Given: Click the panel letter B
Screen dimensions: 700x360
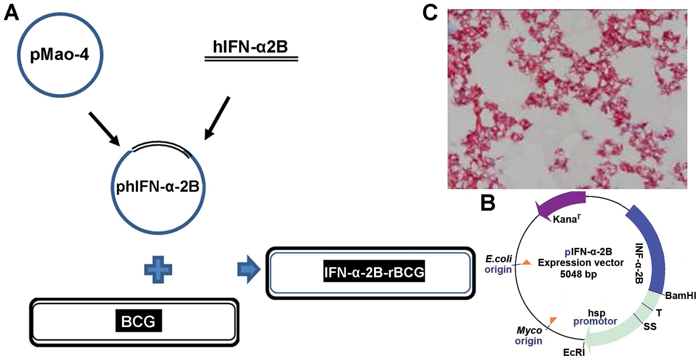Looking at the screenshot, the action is (x=488, y=203).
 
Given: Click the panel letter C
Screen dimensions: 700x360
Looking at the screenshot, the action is (x=430, y=13).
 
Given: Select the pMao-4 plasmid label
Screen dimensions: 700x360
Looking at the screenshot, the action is (x=60, y=54).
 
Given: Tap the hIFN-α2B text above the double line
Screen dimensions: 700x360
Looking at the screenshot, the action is (x=250, y=47).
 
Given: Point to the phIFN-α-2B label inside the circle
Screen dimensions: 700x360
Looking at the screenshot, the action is (x=158, y=187).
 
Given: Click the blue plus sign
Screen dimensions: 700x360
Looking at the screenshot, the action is (x=158, y=270).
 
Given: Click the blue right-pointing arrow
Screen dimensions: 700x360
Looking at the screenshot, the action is (x=248, y=269).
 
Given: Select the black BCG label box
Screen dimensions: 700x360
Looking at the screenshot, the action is (x=139, y=321).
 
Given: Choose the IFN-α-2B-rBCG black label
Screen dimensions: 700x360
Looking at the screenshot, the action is (x=374, y=272).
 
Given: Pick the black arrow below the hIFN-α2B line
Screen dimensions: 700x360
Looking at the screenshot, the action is (x=217, y=118).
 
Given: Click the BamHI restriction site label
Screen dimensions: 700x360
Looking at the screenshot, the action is (x=680, y=296).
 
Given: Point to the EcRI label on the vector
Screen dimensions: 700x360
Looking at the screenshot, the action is (x=574, y=352).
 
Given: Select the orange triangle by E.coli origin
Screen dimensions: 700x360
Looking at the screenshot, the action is (x=526, y=263).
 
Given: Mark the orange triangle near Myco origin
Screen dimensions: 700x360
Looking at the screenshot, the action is (x=553, y=320).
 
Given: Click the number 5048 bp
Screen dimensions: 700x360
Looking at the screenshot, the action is (x=578, y=274).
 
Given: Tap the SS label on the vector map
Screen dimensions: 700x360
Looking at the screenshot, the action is (x=650, y=327).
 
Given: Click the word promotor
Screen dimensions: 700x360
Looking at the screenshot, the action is (x=595, y=321).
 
